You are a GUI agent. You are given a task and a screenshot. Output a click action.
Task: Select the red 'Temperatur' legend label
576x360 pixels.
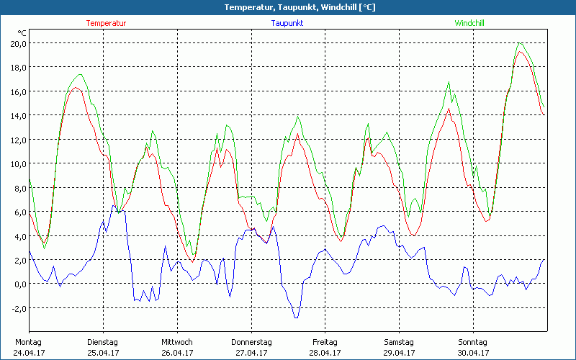[x=106, y=23]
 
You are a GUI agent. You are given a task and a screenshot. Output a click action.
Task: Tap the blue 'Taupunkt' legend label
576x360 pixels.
[x=287, y=23]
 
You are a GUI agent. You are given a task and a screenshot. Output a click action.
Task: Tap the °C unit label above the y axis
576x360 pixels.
[x=22, y=32]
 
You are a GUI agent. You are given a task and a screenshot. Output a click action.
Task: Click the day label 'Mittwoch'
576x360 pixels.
[x=177, y=341]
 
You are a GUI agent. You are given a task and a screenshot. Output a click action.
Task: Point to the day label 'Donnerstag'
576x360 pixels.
[x=251, y=341]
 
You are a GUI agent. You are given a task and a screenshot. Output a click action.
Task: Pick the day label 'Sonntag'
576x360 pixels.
[x=473, y=341]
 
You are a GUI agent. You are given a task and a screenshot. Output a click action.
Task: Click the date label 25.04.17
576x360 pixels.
[x=103, y=353]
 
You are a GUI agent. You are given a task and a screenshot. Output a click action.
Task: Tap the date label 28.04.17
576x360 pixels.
[x=325, y=353]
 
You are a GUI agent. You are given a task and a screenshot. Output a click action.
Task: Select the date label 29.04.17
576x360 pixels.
[x=400, y=353]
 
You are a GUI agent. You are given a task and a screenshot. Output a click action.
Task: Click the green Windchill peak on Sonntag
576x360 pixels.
[x=520, y=42]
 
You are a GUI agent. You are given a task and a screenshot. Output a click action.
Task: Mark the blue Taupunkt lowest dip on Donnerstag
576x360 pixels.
[x=295, y=318]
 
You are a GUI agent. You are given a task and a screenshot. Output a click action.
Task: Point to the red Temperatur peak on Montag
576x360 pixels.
[x=75, y=88]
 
